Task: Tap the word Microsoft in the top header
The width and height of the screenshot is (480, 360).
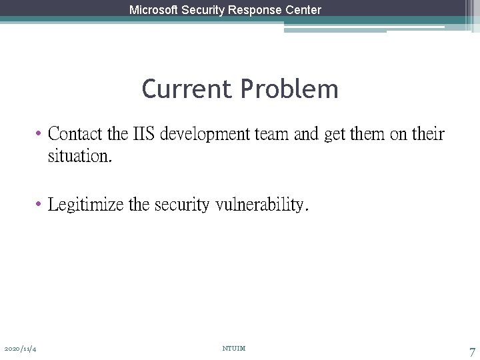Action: pyautogui.click(x=154, y=10)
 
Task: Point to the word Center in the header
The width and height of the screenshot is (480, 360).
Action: pyautogui.click(x=304, y=10)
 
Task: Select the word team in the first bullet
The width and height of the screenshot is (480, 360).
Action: pyautogui.click(x=271, y=134)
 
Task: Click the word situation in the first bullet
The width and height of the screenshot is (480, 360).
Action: pyautogui.click(x=79, y=157)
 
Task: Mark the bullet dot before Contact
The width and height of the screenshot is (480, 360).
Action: pyautogui.click(x=40, y=134)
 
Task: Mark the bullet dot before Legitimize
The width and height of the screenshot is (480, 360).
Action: pyautogui.click(x=40, y=203)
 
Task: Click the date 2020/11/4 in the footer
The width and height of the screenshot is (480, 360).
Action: pyautogui.click(x=20, y=349)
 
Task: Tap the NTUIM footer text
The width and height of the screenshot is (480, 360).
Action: pyautogui.click(x=234, y=348)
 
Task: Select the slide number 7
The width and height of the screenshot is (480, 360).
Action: pyautogui.click(x=472, y=351)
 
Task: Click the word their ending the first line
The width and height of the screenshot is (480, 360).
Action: pyautogui.click(x=428, y=134)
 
